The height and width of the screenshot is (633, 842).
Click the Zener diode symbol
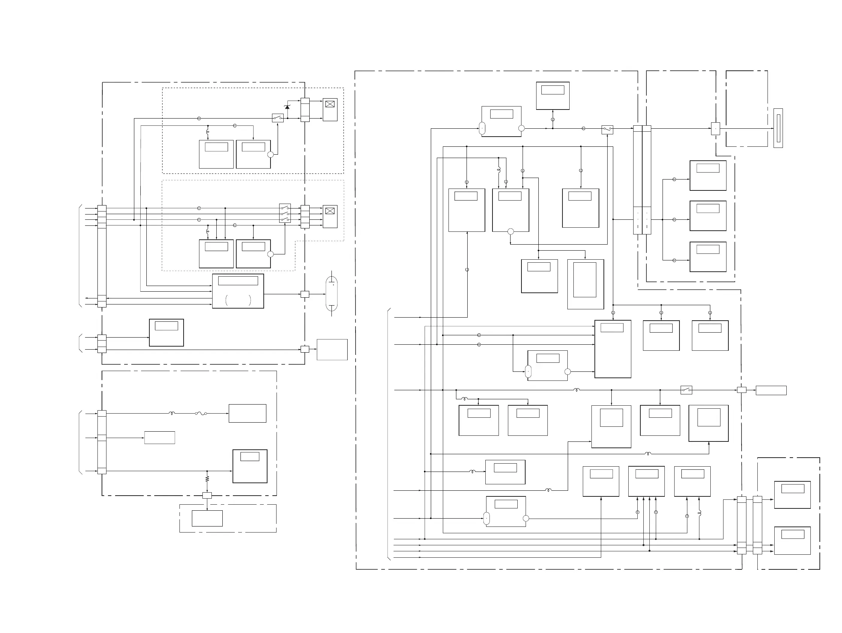click(287, 107)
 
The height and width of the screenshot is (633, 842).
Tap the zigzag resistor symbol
click(207, 478)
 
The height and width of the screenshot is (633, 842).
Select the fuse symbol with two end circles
click(201, 413)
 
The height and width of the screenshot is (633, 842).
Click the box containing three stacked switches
click(285, 214)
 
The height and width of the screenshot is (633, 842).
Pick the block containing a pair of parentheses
click(238, 291)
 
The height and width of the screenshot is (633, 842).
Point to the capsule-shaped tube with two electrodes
click(331, 294)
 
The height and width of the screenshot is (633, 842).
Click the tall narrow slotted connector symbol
click(778, 128)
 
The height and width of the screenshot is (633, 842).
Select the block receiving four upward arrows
click(646, 481)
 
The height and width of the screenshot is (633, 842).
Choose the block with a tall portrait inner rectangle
click(585, 284)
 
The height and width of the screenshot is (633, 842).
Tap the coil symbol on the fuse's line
click(172, 413)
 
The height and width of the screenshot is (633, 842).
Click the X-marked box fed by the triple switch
click(330, 216)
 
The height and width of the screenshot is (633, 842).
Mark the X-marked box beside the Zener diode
click(330, 110)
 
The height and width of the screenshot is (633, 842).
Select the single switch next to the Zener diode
click(278, 118)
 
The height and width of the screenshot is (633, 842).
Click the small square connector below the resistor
click(207, 495)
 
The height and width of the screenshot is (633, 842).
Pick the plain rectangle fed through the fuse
click(248, 413)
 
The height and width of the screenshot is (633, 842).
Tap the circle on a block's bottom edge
click(511, 231)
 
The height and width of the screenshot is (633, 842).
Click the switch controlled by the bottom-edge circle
click(607, 129)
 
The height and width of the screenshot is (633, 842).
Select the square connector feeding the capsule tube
click(305, 294)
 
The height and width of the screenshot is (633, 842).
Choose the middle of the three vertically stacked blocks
click(708, 216)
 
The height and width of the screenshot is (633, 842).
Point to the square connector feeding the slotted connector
click(716, 128)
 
